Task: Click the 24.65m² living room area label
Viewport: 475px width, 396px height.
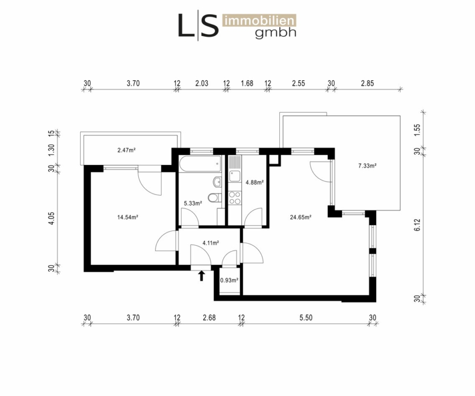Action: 300,217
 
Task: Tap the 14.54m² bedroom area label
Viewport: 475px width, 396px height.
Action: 128,217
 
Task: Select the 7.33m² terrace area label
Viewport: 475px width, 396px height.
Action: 367,166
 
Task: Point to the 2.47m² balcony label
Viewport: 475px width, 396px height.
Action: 126,150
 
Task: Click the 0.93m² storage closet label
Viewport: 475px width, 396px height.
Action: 229,281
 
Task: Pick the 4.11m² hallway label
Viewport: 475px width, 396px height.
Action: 211,243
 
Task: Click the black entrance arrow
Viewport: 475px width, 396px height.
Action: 202,276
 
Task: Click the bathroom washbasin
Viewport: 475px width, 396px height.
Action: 217,181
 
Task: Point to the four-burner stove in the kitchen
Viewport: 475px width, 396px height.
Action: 235,198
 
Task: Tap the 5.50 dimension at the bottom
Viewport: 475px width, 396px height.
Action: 306,317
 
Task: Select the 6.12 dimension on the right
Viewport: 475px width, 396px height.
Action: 417,225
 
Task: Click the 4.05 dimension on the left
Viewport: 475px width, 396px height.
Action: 51,218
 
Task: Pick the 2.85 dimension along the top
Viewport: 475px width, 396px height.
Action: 367,83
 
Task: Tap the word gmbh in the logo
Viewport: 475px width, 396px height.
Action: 275,33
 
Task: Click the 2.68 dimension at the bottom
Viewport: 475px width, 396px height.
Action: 210,317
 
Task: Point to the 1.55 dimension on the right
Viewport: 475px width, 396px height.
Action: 417,130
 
